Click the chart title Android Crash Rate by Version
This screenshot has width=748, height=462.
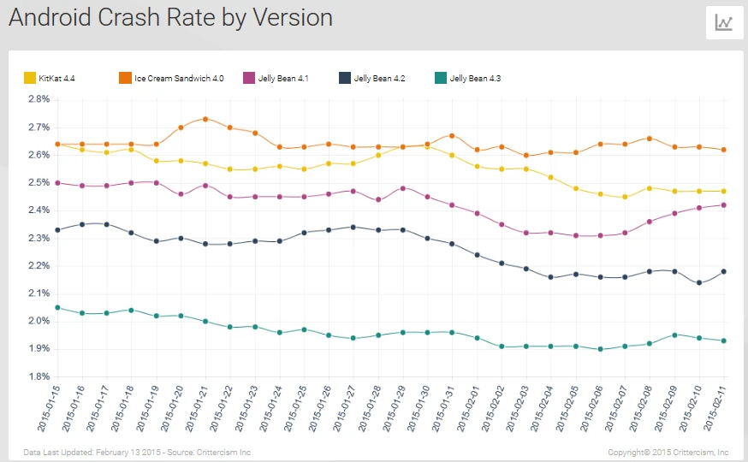(x=171, y=18)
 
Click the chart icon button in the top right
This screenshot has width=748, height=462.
(x=724, y=23)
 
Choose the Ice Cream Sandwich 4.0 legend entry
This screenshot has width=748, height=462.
(x=171, y=79)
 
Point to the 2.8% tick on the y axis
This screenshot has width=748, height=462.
(x=39, y=99)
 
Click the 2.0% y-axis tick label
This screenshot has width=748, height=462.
(x=39, y=321)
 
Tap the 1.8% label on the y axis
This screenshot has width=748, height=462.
(x=39, y=376)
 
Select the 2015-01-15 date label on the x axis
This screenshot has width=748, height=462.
(x=47, y=407)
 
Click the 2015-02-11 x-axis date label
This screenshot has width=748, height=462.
(x=715, y=407)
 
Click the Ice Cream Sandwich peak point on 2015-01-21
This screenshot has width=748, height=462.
(x=205, y=119)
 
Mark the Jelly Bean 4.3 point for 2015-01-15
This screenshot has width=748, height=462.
(x=57, y=307)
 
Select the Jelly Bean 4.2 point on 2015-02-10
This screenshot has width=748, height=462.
(x=699, y=282)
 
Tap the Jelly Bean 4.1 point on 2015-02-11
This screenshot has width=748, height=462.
(x=724, y=204)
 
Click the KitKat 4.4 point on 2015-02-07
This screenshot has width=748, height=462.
(x=625, y=197)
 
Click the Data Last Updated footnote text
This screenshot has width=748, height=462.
(x=137, y=451)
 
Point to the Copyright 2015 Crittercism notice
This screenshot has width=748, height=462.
(x=668, y=451)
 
